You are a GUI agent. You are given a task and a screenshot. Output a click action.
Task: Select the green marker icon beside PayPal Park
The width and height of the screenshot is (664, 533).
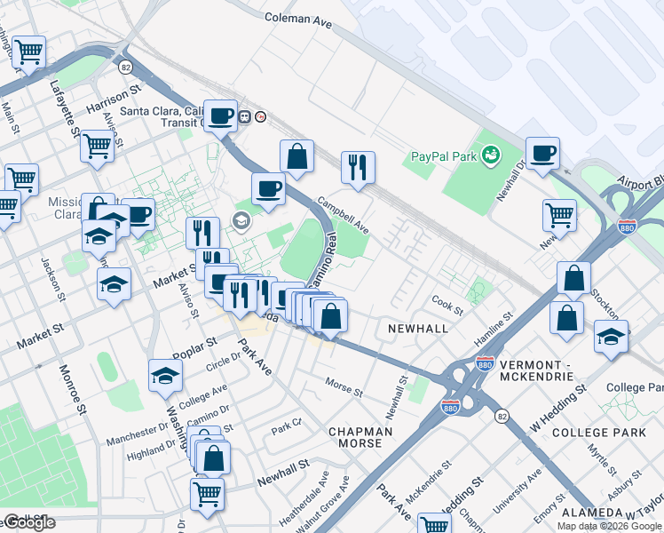click(488, 156)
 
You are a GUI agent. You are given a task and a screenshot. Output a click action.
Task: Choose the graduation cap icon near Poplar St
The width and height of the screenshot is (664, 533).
click(165, 376)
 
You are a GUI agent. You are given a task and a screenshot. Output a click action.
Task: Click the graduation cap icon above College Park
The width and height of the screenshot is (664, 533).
click(611, 336)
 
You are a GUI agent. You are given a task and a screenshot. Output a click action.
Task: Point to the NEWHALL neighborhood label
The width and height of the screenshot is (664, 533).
click(418, 329)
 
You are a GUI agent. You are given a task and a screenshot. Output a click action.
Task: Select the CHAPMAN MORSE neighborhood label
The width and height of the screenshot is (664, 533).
click(360, 438)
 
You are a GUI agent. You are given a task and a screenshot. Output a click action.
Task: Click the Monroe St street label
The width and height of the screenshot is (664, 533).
click(72, 389)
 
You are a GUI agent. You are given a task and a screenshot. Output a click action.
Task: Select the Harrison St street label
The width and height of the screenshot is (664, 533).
click(114, 99)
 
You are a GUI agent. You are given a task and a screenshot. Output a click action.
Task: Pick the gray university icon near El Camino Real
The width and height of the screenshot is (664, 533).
click(240, 220)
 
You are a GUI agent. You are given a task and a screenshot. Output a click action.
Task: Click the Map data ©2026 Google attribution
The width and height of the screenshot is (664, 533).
click(609, 526)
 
